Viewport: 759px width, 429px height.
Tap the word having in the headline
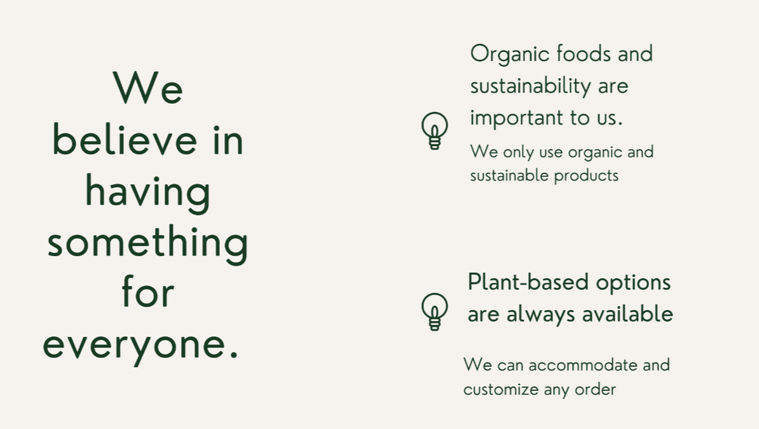click(x=147, y=193)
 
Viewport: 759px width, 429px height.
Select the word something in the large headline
click(x=147, y=243)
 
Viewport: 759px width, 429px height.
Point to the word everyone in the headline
click(x=141, y=344)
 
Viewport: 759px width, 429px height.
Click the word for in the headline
click(x=147, y=291)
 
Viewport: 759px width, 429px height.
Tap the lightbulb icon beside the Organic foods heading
click(x=435, y=130)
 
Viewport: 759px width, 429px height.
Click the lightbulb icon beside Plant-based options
click(x=435, y=311)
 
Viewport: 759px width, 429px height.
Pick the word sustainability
click(x=531, y=86)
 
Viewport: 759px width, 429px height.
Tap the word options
click(x=633, y=283)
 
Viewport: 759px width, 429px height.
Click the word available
click(x=627, y=314)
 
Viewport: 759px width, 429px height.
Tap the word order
click(x=595, y=390)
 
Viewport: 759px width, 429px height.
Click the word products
click(x=586, y=176)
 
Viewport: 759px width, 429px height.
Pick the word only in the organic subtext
click(x=519, y=153)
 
